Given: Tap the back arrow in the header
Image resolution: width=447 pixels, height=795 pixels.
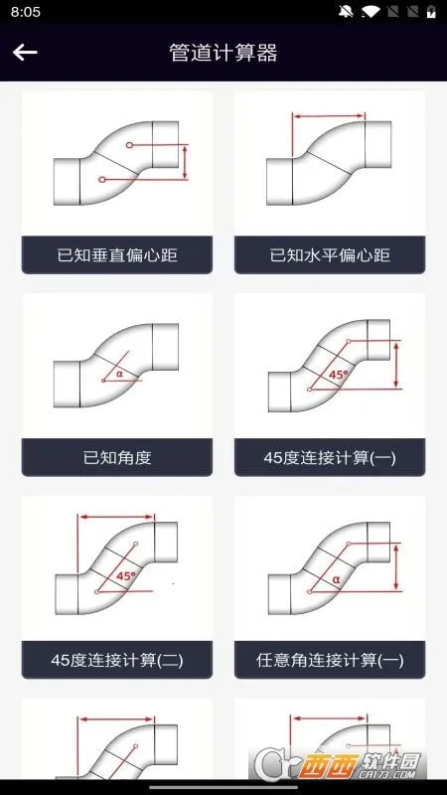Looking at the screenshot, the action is tap(25, 53).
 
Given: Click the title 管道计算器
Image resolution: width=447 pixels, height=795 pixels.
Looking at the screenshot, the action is tap(223, 53).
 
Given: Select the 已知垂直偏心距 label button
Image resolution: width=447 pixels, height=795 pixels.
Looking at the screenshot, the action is tap(117, 254).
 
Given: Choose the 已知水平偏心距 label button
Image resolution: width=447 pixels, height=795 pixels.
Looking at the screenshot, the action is tap(330, 254).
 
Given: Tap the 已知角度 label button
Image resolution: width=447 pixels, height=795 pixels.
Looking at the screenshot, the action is tap(117, 457).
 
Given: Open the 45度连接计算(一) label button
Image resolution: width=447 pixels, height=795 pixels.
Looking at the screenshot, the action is tap(330, 457).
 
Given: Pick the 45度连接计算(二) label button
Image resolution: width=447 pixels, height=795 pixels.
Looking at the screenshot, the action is tap(117, 660).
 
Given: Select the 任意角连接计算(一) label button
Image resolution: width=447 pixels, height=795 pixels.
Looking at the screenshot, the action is tap(330, 660).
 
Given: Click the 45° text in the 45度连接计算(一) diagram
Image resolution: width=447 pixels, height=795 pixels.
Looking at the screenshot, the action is tap(339, 375).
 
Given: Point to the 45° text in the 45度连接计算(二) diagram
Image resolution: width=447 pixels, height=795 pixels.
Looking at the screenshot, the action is tap(126, 576).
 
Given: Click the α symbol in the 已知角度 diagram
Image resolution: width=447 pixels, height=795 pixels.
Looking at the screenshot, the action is tap(119, 374).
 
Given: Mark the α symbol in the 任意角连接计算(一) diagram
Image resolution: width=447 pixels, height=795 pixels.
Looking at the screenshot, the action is tap(336, 579).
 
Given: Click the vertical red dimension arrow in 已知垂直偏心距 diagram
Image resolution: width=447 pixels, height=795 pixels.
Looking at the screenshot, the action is tap(185, 162).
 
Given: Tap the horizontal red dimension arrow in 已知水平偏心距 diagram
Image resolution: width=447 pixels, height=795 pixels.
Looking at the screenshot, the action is tap(329, 116).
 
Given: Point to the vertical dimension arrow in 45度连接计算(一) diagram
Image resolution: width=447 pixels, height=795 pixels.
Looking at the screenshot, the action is tap(396, 365).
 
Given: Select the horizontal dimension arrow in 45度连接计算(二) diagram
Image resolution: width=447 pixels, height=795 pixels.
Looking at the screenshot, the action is tap(116, 517).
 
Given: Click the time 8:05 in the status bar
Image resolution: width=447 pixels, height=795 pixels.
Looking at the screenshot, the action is tap(26, 12).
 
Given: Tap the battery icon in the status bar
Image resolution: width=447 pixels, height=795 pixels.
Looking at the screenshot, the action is tap(431, 12).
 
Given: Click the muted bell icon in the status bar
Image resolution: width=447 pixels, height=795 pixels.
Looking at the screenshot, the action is tap(346, 12).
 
